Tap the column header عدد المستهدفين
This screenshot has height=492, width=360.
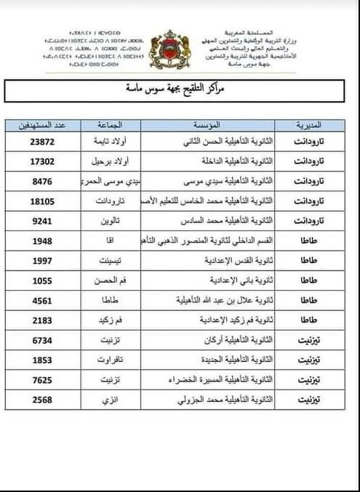click(44, 124)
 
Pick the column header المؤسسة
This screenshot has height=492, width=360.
click(211, 124)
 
